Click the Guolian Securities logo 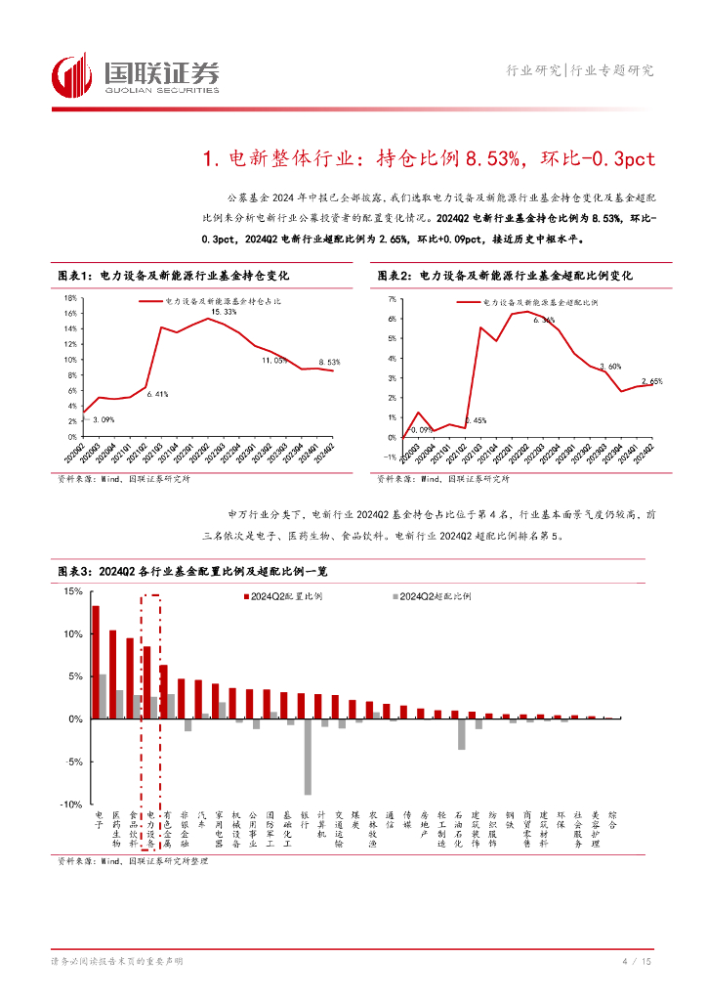[135, 75]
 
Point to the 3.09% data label [103, 419]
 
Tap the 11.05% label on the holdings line [273, 361]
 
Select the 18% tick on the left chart [70, 298]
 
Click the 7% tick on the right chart [391, 298]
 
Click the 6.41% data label [158, 394]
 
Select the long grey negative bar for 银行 [308, 757]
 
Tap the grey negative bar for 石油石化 [461, 734]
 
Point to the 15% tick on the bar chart [71, 591]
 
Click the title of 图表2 [505, 277]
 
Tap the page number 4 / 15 [636, 963]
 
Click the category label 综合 [612, 819]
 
